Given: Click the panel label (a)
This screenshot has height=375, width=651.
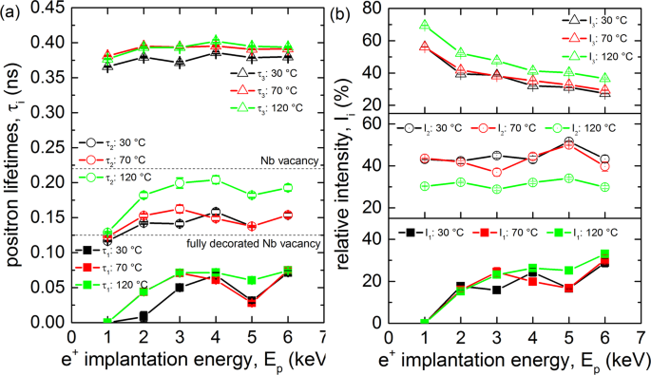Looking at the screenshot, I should tap(12, 12).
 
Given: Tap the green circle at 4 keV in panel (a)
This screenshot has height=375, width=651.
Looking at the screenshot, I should tap(216, 179).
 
